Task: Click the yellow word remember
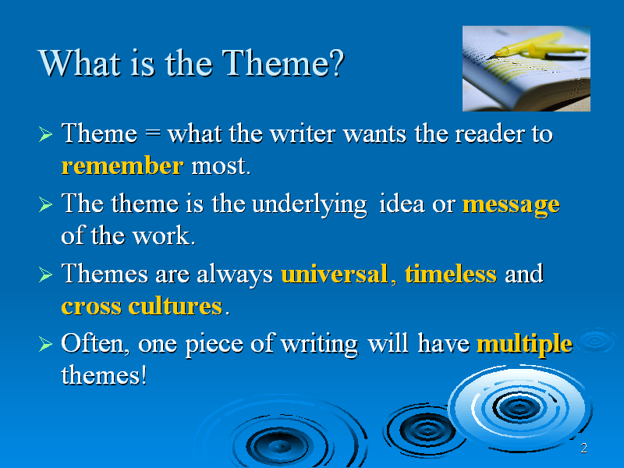tap(122, 165)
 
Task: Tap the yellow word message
tap(511, 205)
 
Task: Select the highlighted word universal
tap(335, 274)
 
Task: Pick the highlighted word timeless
tap(451, 274)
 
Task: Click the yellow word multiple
tap(524, 345)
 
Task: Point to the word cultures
tap(175, 307)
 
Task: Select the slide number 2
tap(583, 448)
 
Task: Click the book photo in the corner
tap(526, 69)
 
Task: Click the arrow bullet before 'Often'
tap(45, 344)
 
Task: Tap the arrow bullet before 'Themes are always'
tap(45, 275)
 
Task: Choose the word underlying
tap(309, 205)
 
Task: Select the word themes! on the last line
tap(104, 375)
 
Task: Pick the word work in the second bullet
tap(163, 236)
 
